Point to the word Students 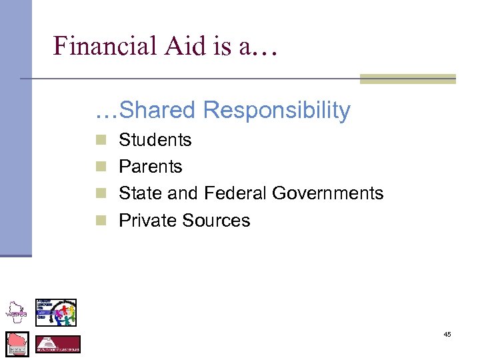(155, 140)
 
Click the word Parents (150, 167)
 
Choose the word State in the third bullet (138, 193)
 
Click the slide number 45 (447, 334)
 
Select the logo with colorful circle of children (57, 312)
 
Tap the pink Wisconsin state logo (17, 343)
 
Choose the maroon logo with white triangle (58, 344)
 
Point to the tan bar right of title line (407, 79)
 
